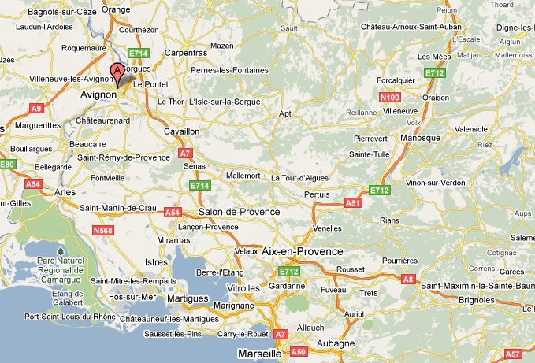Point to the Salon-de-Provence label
click(240, 212)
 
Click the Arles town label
click(65, 191)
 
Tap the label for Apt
click(285, 113)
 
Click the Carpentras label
click(186, 54)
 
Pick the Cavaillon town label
click(181, 131)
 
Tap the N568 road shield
click(102, 231)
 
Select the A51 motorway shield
click(352, 202)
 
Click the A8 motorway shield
click(408, 279)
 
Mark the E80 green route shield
click(7, 165)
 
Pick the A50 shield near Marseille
click(299, 352)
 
